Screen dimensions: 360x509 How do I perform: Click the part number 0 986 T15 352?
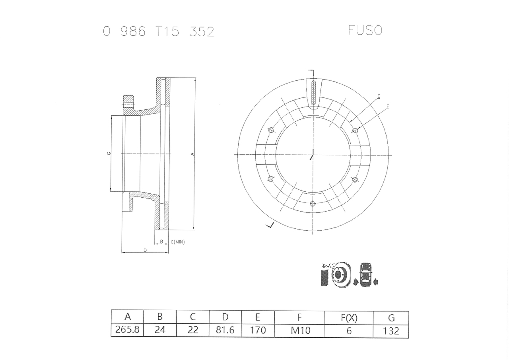point(158,31)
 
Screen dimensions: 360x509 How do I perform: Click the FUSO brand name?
point(365,30)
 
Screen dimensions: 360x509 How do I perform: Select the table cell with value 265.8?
point(127,330)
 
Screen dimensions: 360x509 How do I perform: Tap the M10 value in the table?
point(300,330)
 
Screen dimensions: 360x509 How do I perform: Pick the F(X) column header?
point(349,317)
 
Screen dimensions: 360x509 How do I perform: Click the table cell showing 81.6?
point(225,330)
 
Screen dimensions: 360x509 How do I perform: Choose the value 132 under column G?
point(391,331)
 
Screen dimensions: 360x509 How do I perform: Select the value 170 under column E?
point(258,330)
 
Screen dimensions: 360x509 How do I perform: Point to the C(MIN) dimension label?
point(177,242)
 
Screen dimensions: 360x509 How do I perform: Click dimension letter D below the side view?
point(145,250)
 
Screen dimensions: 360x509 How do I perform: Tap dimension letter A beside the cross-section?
point(192,154)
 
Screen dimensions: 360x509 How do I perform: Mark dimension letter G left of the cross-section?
point(109,154)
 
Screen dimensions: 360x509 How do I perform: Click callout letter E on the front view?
point(379,96)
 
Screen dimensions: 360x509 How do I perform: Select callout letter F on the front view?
point(387,107)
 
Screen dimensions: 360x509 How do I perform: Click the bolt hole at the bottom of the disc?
point(313,204)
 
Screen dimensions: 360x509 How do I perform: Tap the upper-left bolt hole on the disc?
point(271,130)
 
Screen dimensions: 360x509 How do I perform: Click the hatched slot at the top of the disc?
point(313,93)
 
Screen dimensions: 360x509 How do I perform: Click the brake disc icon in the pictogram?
point(338,274)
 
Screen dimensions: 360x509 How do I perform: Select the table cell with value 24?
point(160,330)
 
